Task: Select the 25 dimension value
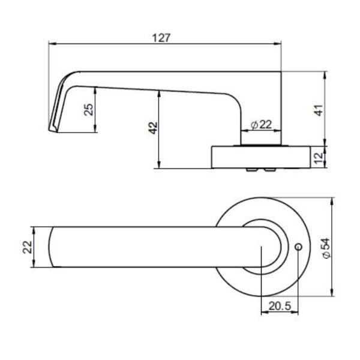pos(88,109)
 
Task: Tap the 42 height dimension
pos(152,128)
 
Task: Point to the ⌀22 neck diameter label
pos(259,124)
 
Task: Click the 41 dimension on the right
pos(319,109)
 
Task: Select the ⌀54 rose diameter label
pos(325,247)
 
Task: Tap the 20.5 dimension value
pos(280,306)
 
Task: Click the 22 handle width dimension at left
pos(27,247)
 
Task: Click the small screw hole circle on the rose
pos(298,247)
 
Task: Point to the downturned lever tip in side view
pos(53,123)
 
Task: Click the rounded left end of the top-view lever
pos(52,247)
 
